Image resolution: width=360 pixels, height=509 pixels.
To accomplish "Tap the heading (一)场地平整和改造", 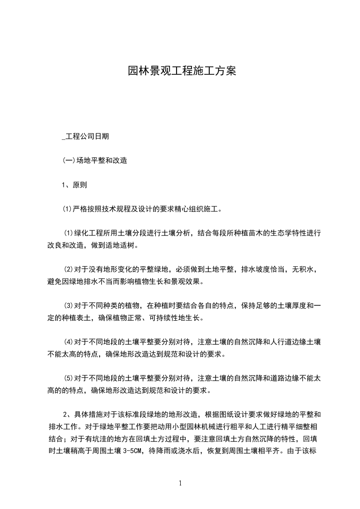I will [94, 161].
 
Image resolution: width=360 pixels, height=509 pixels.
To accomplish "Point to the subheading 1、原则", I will [74, 185].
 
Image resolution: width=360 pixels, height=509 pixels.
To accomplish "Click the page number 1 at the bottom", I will [181, 483].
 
